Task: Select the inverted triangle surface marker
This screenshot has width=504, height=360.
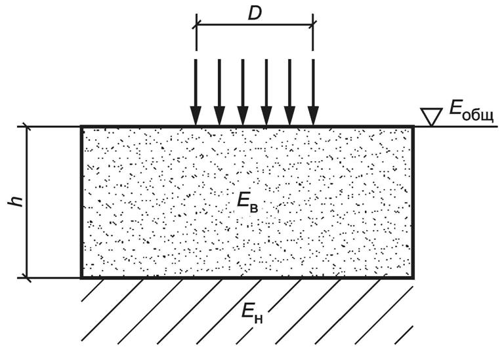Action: (432, 117)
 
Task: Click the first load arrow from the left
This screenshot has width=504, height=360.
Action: (196, 92)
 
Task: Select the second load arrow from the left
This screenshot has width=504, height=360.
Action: (219, 92)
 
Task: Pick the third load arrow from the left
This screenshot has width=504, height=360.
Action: (243, 92)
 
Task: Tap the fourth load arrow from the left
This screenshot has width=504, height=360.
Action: (266, 92)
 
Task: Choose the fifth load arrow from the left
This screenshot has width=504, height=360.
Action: (289, 92)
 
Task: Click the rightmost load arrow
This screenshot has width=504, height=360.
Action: (313, 92)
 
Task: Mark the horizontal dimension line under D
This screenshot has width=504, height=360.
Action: (255, 26)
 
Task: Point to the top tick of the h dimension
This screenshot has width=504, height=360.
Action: (27, 126)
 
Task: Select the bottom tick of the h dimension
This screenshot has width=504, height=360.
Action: (27, 277)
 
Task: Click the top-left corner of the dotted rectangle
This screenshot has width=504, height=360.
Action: (82, 127)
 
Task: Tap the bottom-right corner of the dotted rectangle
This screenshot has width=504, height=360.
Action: (413, 277)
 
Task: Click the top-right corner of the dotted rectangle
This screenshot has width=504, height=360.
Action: (413, 127)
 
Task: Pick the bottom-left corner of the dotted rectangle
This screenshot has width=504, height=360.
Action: (82, 277)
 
